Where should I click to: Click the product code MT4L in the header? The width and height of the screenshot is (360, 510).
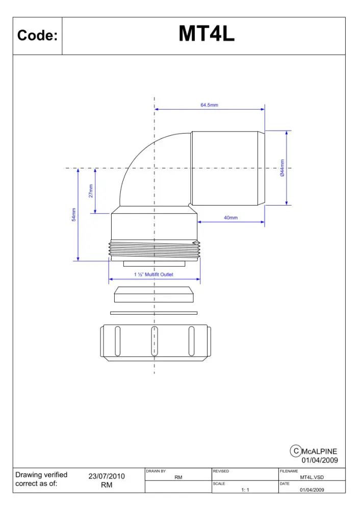[x=207, y=34]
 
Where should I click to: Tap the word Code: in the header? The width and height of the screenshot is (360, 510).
[x=37, y=35]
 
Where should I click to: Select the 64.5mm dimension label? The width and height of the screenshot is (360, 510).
[x=210, y=105]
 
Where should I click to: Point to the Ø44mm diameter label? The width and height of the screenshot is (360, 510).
[x=282, y=168]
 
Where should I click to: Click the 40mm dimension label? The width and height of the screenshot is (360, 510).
[x=230, y=218]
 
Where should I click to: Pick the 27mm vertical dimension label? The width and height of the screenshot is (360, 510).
[x=91, y=191]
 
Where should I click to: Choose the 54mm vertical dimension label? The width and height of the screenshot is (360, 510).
[x=74, y=215]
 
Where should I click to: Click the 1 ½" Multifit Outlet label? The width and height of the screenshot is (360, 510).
[x=153, y=274]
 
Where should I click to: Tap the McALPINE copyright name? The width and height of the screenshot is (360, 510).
[x=319, y=451]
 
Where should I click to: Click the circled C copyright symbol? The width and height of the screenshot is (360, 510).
[x=296, y=451]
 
